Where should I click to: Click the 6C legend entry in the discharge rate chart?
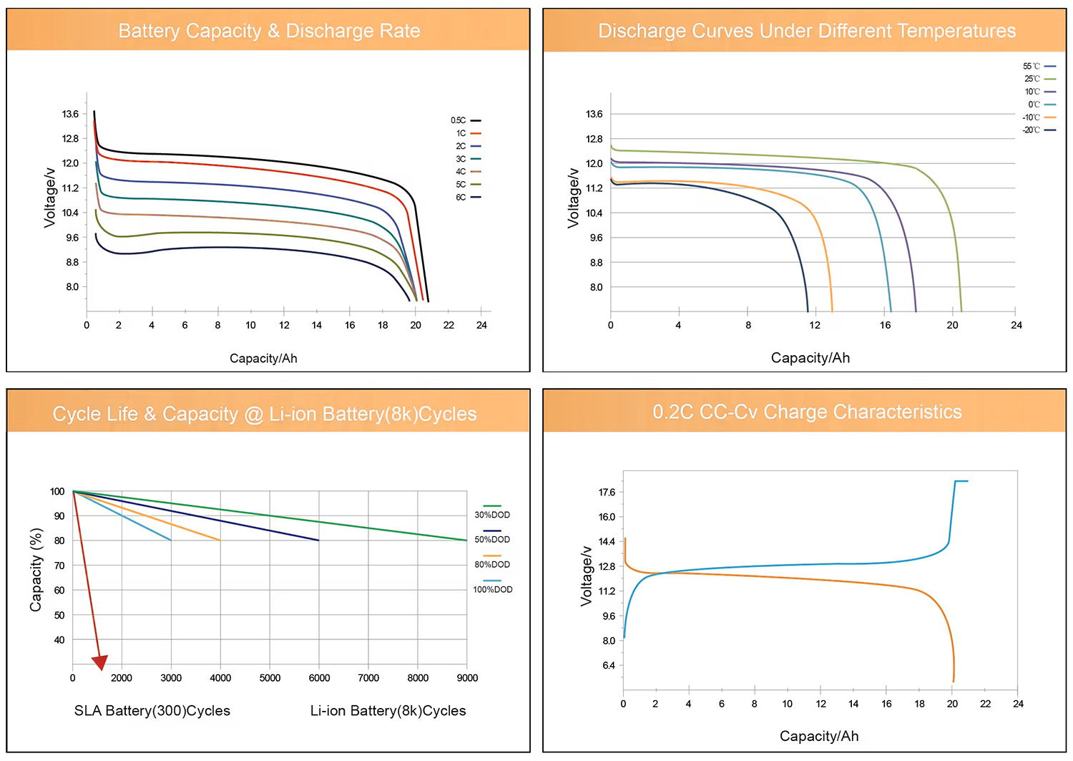point(466,197)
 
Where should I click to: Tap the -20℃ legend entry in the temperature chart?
point(1038,130)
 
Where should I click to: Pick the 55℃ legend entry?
point(1038,66)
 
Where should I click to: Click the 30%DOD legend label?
point(492,515)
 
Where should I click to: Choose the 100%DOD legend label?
point(492,589)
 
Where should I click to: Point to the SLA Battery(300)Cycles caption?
point(152,711)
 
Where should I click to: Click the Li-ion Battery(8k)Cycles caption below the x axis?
point(388,711)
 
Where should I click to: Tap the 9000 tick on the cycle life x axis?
point(467,678)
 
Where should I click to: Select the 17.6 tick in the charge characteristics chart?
point(607,493)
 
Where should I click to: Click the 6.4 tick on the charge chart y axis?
point(608,666)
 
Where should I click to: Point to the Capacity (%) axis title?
point(36,570)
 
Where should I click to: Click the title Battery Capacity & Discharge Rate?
point(269,31)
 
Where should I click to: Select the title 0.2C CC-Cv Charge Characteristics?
point(807,412)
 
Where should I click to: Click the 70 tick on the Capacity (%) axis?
point(59,566)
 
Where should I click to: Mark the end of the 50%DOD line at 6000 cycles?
point(318,540)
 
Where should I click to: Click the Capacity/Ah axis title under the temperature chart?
point(810,358)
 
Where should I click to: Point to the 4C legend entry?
point(466,172)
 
